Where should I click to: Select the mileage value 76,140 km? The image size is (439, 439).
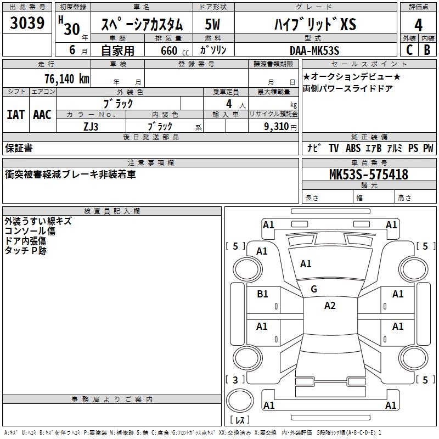(66, 78)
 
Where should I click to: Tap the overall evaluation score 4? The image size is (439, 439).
(418, 25)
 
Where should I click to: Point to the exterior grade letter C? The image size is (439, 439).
(409, 50)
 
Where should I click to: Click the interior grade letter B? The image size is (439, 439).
(427, 50)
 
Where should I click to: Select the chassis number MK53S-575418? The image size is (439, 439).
(368, 175)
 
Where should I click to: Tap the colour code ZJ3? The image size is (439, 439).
(91, 126)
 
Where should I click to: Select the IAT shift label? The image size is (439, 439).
(15, 114)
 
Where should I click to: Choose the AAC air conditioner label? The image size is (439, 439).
(42, 114)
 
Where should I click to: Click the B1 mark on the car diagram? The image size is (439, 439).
(262, 294)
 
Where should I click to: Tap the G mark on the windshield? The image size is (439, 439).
(314, 289)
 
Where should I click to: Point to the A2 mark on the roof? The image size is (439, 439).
(329, 306)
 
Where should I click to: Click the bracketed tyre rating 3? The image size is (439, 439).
(235, 380)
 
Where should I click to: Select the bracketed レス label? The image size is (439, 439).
(239, 420)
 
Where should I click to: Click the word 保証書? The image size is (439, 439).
(19, 148)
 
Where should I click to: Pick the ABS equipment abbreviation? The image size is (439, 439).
(353, 148)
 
